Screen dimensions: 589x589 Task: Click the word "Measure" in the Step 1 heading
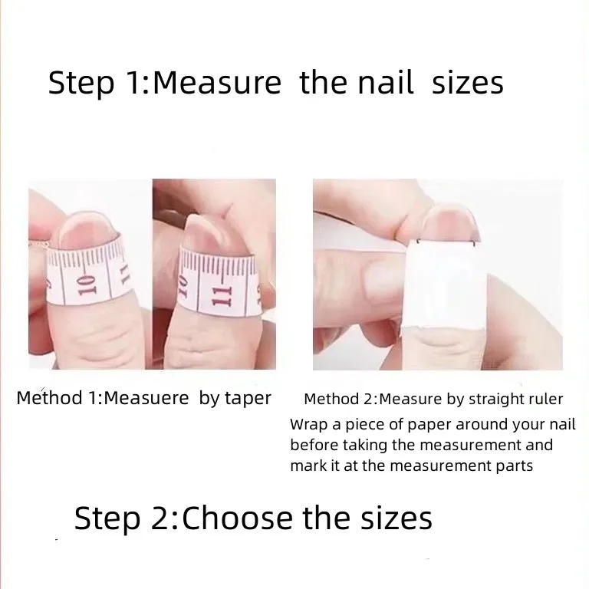click(x=217, y=83)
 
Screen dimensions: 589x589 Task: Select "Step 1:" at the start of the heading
click(x=95, y=83)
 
